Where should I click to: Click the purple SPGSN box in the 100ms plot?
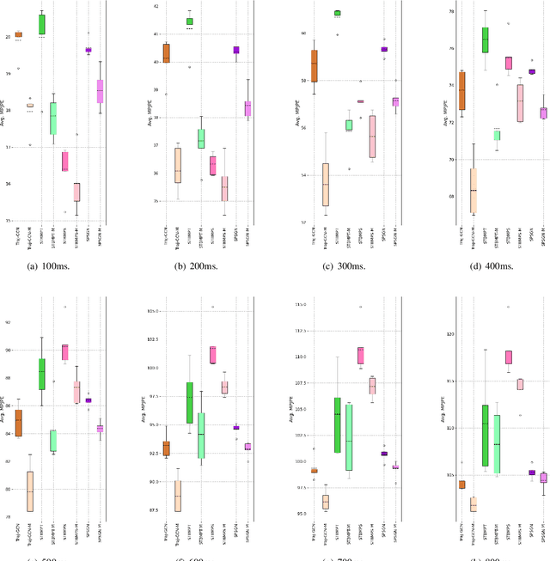pos(89,50)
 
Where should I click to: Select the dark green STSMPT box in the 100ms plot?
pos(42,24)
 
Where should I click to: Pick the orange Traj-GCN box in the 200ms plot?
pos(166,53)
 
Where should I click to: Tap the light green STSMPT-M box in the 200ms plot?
pos(201,137)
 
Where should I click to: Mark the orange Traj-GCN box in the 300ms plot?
pos(314,65)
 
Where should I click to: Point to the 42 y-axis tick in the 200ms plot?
pos(156,6)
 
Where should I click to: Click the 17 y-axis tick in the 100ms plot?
pos(8,148)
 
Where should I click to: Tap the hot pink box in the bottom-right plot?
pos(509,357)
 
